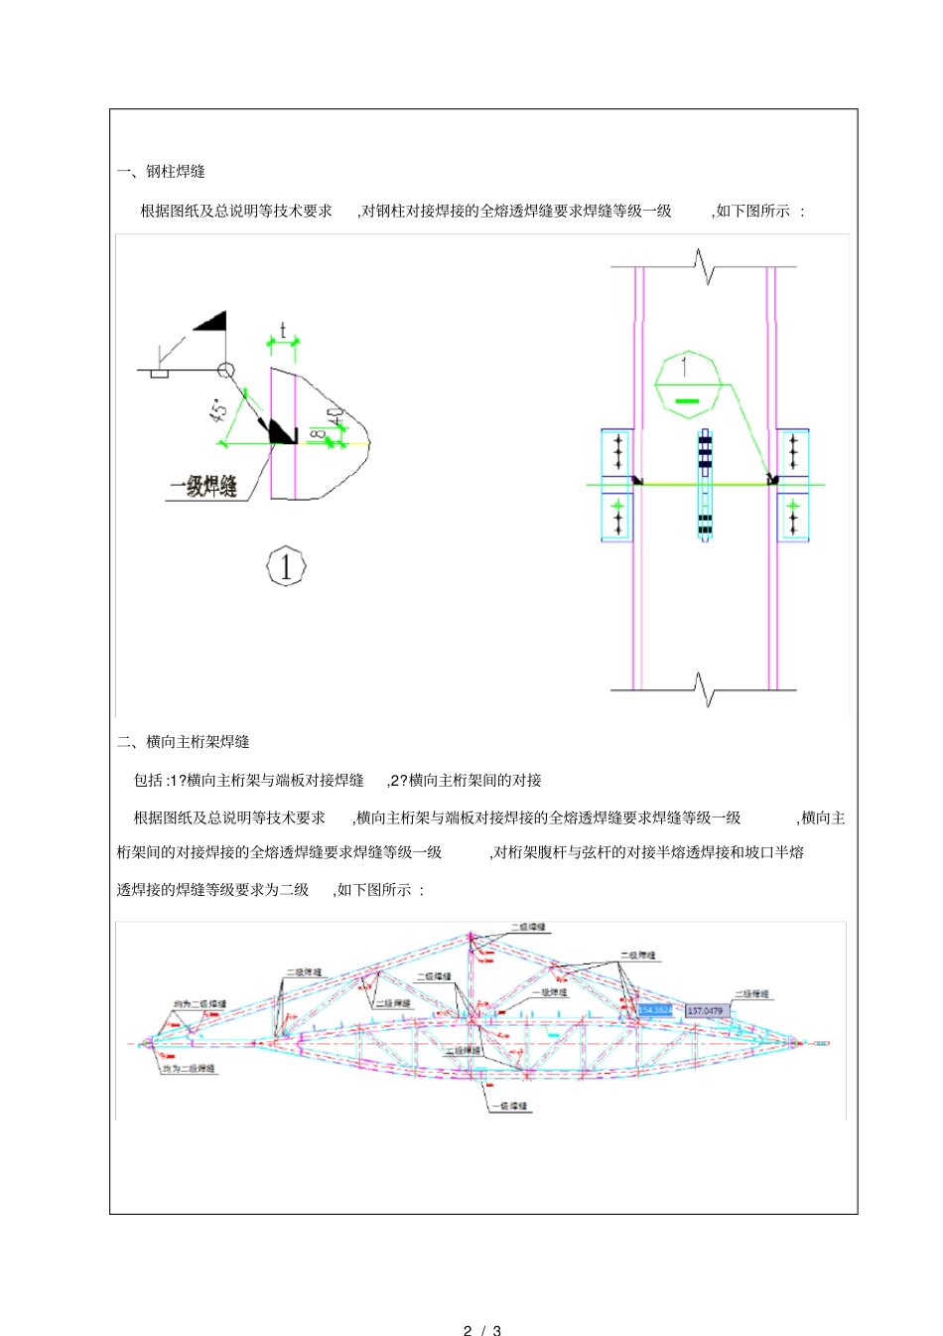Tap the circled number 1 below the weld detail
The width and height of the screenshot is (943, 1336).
click(x=286, y=567)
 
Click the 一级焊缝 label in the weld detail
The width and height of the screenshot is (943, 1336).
click(x=203, y=487)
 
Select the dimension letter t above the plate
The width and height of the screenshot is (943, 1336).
click(x=283, y=330)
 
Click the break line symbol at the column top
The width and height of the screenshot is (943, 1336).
click(x=704, y=267)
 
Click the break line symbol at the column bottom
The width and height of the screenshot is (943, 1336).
click(x=704, y=687)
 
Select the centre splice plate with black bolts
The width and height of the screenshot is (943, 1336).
click(x=704, y=485)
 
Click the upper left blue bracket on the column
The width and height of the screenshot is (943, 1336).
click(x=617, y=453)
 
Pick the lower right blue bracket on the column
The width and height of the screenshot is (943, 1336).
click(x=792, y=517)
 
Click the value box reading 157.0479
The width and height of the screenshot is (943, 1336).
click(x=706, y=1011)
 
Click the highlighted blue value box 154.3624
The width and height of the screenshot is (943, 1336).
click(x=655, y=1010)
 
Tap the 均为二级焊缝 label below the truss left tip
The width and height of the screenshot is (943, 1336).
click(x=189, y=1069)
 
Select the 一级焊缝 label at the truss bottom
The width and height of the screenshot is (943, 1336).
click(x=509, y=1106)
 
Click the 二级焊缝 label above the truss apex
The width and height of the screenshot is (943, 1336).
click(x=528, y=927)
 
